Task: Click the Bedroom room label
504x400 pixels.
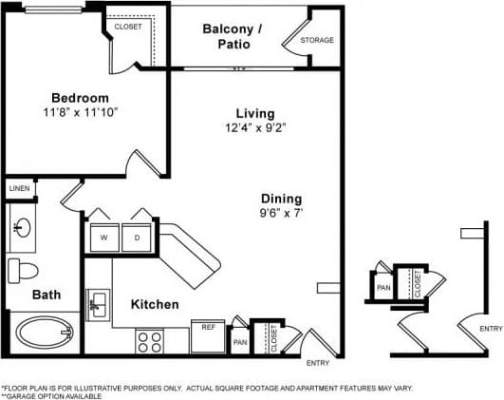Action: coord(80,98)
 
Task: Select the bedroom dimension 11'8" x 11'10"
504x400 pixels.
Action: coord(80,113)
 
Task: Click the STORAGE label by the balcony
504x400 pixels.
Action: coord(316,41)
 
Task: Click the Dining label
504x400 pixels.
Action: coord(282,199)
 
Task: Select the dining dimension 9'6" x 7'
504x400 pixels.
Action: coord(282,214)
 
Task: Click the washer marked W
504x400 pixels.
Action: coord(103,237)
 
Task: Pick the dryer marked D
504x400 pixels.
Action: coord(137,237)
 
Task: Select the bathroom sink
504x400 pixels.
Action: coord(22,228)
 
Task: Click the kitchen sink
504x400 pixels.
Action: coord(98,305)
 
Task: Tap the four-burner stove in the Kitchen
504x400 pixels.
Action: coord(148,341)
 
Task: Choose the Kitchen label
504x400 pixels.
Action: coord(155,305)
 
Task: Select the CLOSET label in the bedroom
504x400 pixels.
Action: coord(127,27)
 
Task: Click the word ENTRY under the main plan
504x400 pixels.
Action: coord(317,363)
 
